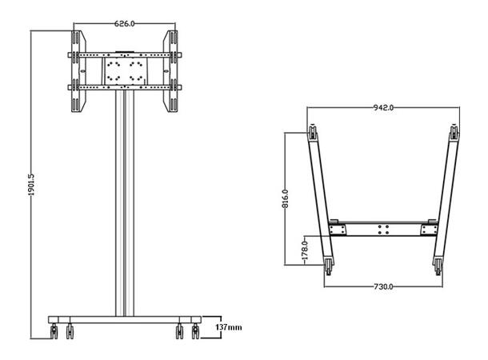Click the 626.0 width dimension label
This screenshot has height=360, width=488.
tap(123, 24)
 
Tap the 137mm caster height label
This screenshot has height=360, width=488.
tap(229, 327)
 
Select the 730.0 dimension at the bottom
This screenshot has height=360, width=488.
tap(382, 286)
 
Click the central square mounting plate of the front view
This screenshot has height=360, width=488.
tap(124, 70)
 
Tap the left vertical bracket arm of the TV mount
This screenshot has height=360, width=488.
tap(78, 72)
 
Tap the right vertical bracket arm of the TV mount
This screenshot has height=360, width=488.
tap(170, 72)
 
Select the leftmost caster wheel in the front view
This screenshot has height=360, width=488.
tap(54, 330)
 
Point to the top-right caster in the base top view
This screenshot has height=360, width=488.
tap(454, 132)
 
